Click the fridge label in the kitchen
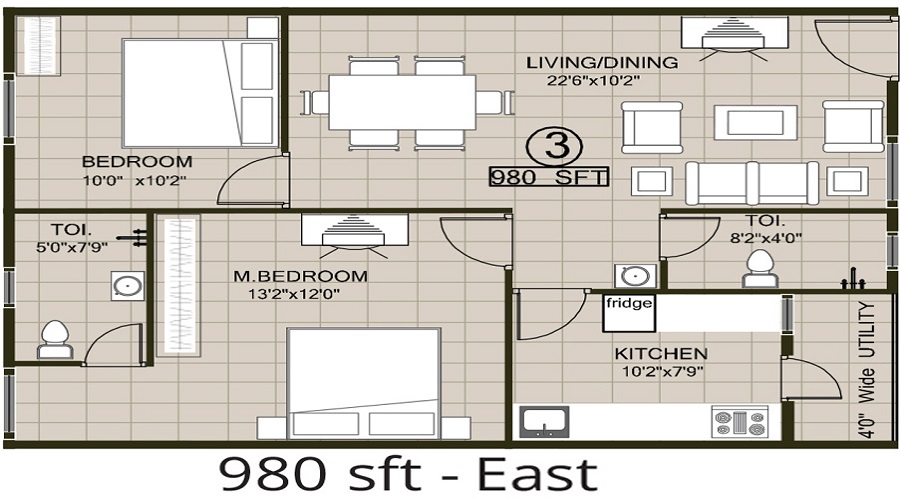click(629, 302)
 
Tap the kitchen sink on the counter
click(540, 422)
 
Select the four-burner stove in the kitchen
click(739, 421)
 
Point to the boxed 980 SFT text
click(548, 177)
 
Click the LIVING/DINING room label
click(601, 63)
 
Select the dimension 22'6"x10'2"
click(601, 82)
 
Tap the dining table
click(401, 102)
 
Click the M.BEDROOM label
click(300, 276)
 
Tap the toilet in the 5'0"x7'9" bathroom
click(53, 338)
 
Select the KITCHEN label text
click(660, 354)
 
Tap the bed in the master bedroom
click(363, 384)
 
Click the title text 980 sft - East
click(407, 473)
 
